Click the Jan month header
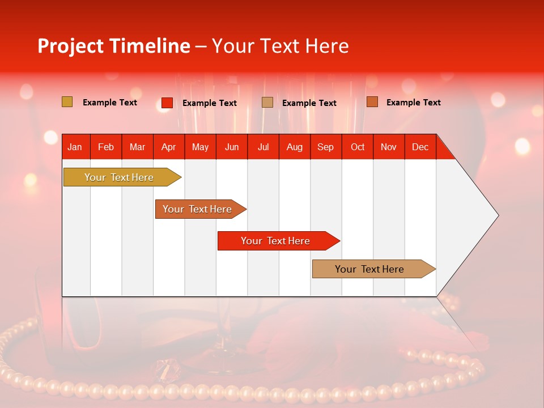click(75, 147)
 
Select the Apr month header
click(168, 147)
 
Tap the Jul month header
click(263, 147)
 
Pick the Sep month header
click(325, 147)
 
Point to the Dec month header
click(420, 147)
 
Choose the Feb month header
click(106, 147)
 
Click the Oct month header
click(358, 147)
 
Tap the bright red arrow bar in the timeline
click(276, 241)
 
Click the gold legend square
click(67, 102)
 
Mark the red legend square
click(167, 103)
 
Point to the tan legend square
click(267, 103)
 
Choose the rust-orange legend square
click(372, 102)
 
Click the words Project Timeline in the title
click(113, 46)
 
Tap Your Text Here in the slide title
click(280, 46)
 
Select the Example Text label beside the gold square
click(110, 103)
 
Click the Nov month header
click(388, 147)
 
